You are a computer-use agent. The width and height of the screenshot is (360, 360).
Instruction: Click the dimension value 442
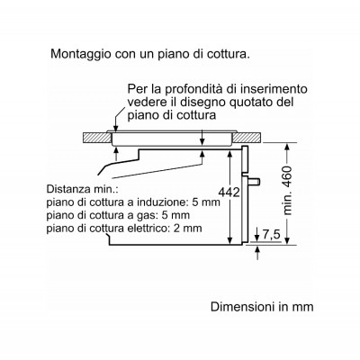pos(229,193)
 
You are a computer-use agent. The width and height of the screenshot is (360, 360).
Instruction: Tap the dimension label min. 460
pos(287,190)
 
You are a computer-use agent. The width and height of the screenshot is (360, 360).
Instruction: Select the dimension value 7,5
pos(271,235)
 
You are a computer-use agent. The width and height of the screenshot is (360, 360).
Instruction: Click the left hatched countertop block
pos(96,137)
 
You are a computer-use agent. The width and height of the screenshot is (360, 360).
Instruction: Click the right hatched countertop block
pos(247,137)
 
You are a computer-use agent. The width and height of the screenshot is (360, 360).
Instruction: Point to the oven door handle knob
pos(255,182)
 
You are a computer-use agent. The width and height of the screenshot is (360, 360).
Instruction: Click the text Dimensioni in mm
pos(262,307)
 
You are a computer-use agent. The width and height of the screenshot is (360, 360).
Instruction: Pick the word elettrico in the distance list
pos(149,229)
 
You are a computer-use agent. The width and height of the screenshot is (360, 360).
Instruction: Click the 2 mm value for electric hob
pos(187,229)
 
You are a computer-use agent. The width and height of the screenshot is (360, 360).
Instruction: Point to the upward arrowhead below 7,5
pos(257,249)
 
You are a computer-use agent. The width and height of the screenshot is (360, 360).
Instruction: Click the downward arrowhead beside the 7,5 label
pos(257,237)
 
